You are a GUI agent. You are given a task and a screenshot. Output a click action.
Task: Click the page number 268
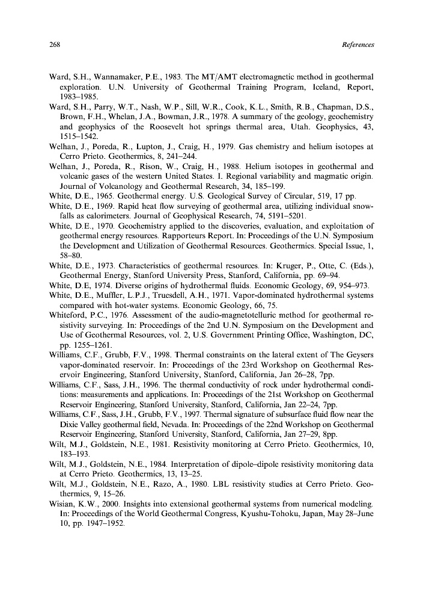coord(53,45)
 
